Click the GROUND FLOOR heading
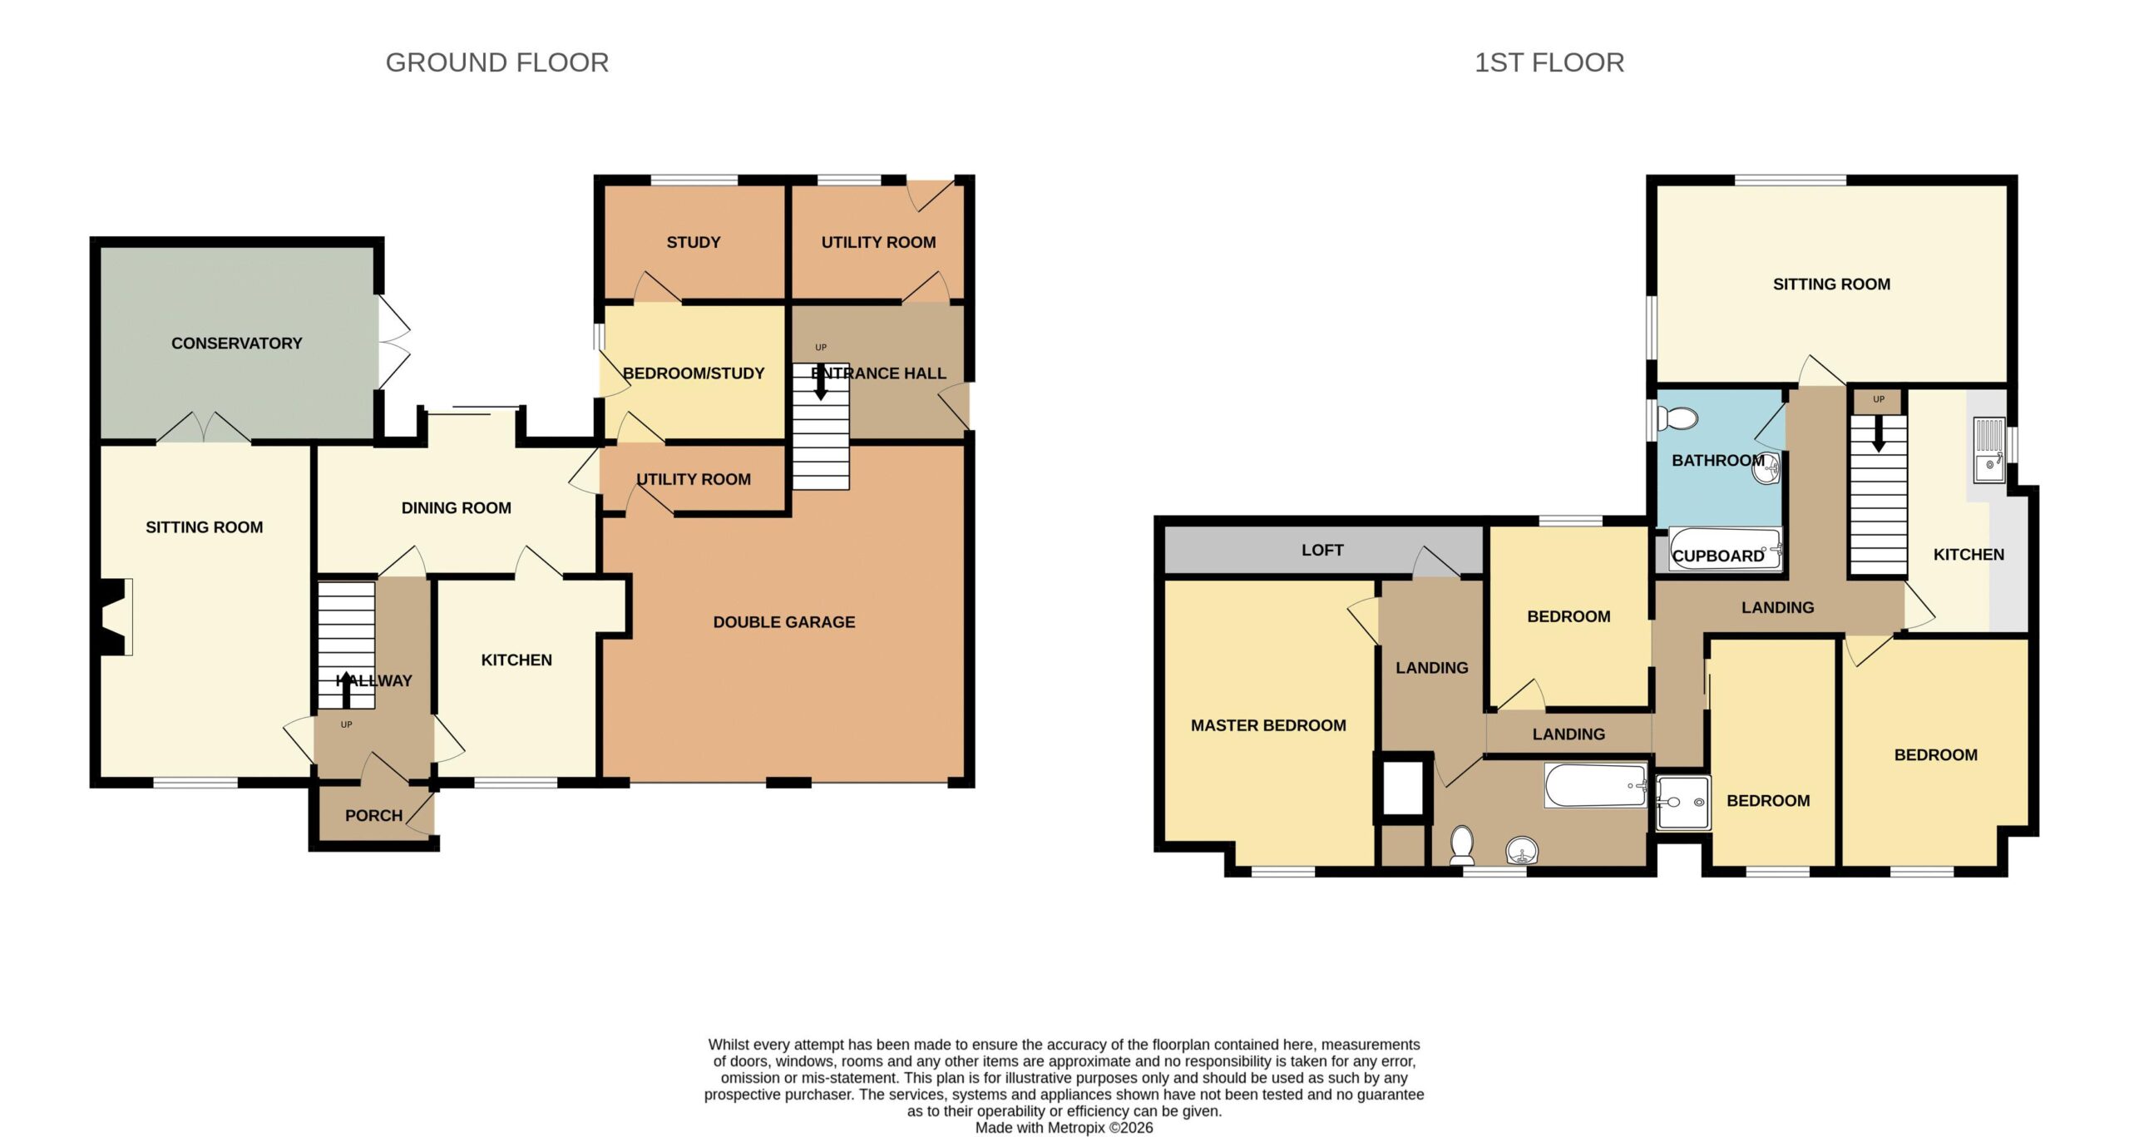[497, 62]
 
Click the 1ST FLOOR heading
[1549, 62]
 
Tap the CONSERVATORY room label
[237, 344]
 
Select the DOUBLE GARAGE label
[784, 622]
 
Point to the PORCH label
[374, 816]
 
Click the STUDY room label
[694, 242]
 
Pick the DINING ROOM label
[457, 508]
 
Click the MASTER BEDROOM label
[1268, 725]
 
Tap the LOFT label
[1322, 550]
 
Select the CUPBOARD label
[1718, 556]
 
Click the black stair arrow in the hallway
[346, 689]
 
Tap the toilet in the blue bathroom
[1677, 418]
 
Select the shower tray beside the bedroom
[1683, 803]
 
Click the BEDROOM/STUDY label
[694, 373]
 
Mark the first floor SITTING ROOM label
[1831, 284]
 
